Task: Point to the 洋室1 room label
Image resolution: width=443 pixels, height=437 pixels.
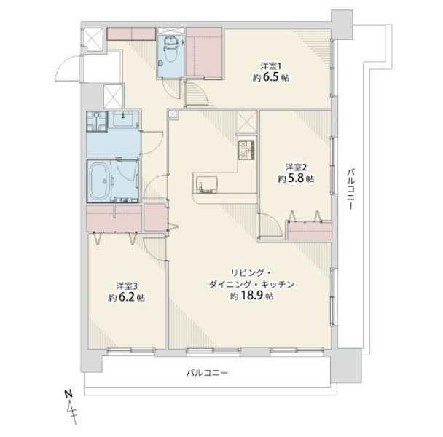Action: [270, 66]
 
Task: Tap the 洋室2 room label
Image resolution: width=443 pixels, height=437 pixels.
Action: [296, 168]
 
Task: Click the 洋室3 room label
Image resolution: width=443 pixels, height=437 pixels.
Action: [127, 286]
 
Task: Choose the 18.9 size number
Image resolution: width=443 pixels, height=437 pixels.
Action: [251, 296]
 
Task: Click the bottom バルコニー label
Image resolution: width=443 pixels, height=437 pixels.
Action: [207, 373]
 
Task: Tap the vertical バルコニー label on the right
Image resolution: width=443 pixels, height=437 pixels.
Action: [350, 189]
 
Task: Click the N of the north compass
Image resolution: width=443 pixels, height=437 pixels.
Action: [68, 393]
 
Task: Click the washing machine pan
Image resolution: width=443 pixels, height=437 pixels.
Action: [97, 121]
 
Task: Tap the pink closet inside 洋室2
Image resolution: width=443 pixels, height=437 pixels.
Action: [310, 231]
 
